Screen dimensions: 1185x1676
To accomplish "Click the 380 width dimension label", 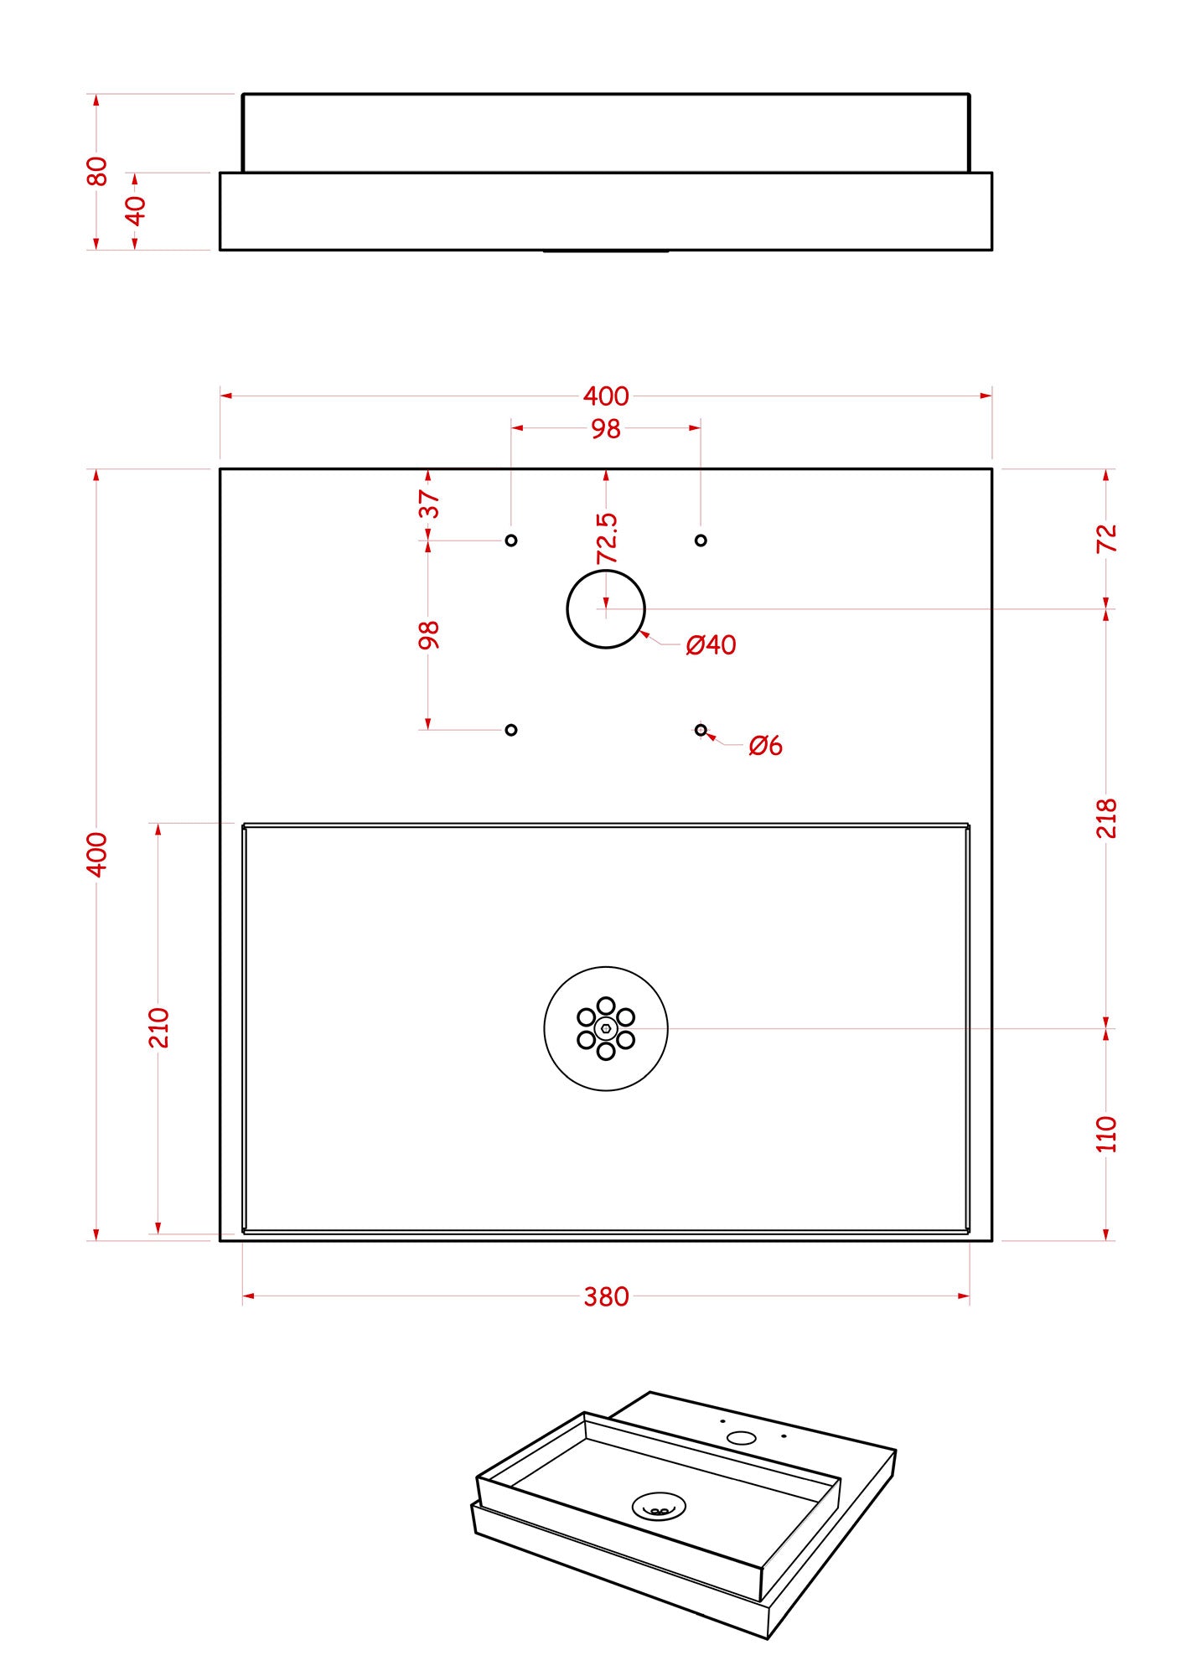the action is [x=606, y=1296].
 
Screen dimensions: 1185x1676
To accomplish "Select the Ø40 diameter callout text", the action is [x=711, y=644].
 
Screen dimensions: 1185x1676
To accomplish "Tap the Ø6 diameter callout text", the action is [x=765, y=745].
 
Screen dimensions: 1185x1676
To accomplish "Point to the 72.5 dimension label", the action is [x=607, y=539].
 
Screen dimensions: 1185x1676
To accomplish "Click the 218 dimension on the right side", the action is [x=1106, y=818].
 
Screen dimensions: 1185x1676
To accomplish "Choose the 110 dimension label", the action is [x=1106, y=1135].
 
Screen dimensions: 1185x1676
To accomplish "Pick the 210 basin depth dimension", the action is [x=158, y=1027].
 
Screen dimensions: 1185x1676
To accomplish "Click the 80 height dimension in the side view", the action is [x=97, y=171].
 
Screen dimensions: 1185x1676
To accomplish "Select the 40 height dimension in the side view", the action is [x=135, y=210].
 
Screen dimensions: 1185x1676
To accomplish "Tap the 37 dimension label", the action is [x=428, y=504].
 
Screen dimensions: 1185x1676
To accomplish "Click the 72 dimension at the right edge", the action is [x=1106, y=538].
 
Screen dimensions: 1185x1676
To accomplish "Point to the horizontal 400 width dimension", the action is [x=606, y=396].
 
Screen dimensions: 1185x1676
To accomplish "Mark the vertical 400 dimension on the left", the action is [x=97, y=855].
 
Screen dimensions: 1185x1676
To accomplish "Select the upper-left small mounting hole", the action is [x=511, y=541].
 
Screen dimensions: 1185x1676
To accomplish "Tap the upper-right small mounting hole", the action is [x=701, y=541].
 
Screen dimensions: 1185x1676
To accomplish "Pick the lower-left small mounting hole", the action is [x=511, y=730].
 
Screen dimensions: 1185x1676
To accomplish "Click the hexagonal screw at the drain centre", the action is [x=606, y=1028].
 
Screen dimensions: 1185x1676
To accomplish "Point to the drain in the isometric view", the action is [x=659, y=1506].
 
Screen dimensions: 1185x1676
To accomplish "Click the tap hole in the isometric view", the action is [x=742, y=1438].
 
